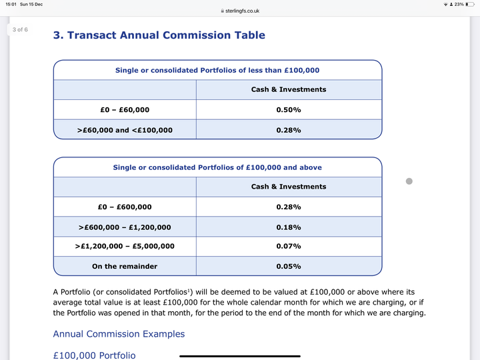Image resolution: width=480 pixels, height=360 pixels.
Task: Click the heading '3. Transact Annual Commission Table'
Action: tap(159, 35)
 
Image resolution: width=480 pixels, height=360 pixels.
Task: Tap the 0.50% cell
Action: tap(289, 109)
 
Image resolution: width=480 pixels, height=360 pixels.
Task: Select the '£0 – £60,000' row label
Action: tap(125, 109)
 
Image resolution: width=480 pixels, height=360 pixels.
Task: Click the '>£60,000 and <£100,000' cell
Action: tap(125, 129)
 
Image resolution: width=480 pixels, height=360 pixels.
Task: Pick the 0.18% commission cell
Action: tap(289, 227)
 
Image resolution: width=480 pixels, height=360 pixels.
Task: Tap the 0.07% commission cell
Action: tap(289, 246)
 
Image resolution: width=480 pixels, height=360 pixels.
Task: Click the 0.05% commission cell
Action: tap(289, 266)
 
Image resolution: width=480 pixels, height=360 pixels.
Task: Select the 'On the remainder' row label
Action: tap(125, 266)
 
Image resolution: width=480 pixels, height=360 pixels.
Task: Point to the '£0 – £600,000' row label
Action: tap(125, 207)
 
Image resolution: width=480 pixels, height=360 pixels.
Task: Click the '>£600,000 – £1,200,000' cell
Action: tap(125, 227)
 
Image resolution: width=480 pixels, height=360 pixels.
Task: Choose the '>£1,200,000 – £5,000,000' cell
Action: tap(125, 246)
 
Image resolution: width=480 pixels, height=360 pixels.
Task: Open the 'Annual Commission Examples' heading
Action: tap(119, 334)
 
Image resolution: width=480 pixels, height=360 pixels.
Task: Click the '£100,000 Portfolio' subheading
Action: tap(94, 355)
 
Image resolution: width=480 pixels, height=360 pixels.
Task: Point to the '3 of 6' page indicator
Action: tap(20, 29)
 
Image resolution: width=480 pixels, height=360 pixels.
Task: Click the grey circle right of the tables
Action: tap(409, 181)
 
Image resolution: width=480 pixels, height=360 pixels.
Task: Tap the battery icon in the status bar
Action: tap(470, 4)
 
